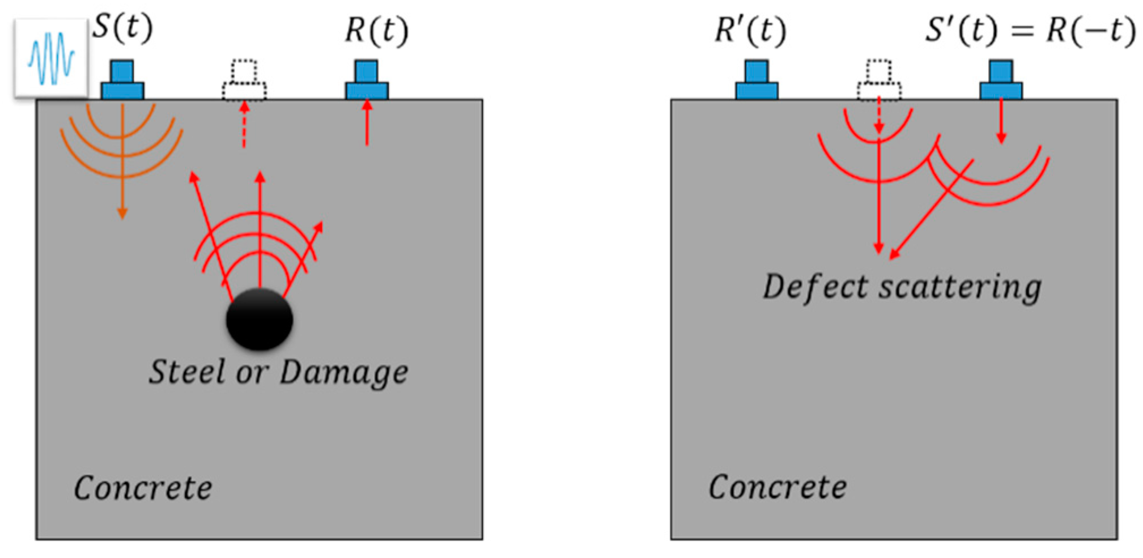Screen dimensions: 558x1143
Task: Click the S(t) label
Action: click(122, 27)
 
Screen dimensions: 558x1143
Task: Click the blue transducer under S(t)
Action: click(122, 81)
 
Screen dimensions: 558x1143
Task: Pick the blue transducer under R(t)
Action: click(367, 81)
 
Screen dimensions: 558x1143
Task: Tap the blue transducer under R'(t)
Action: click(757, 81)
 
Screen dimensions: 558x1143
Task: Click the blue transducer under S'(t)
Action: click(1001, 81)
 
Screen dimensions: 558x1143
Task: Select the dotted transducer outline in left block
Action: click(244, 81)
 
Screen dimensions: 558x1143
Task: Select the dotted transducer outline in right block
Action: click(879, 81)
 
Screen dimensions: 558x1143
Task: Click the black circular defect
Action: click(260, 319)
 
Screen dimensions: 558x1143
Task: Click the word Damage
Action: click(343, 372)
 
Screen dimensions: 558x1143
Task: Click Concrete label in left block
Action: click(143, 488)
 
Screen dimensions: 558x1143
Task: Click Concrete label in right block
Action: click(777, 487)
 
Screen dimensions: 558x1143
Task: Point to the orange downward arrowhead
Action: click(122, 213)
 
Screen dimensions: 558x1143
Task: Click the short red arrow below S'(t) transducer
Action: click(1001, 122)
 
